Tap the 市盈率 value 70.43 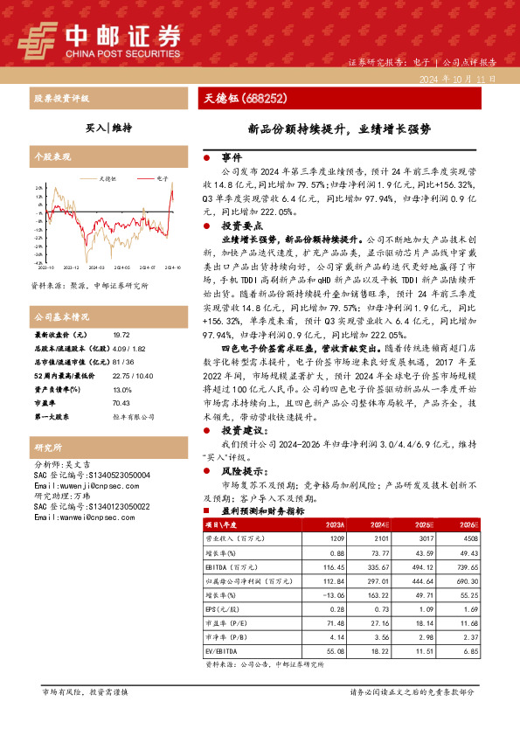pyautogui.click(x=121, y=403)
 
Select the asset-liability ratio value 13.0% pyautogui.click(x=122, y=389)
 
